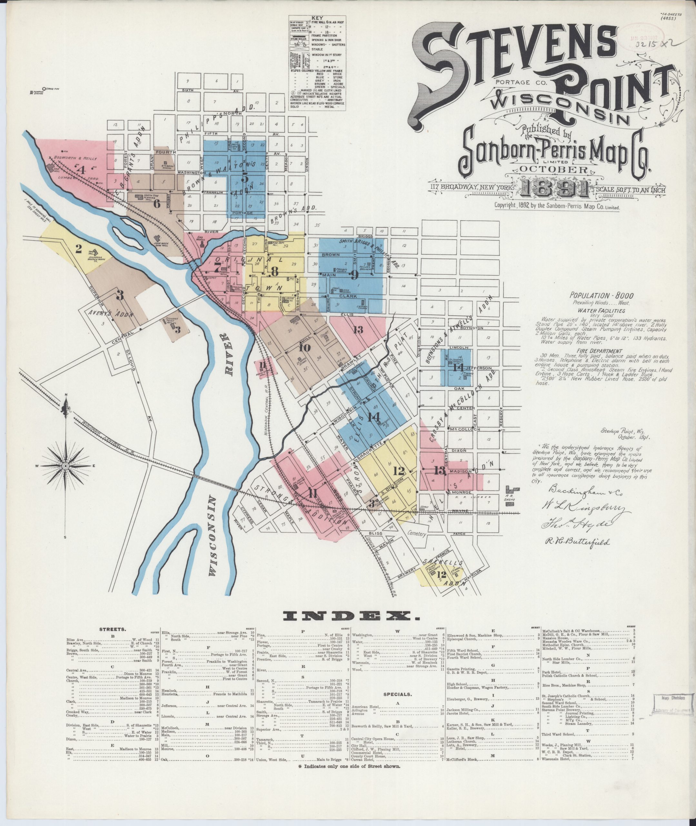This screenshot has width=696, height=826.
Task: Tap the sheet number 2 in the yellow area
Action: pos(78,249)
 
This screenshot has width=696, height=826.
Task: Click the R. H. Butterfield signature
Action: pos(580,542)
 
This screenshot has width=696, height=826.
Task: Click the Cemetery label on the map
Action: pos(417,534)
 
